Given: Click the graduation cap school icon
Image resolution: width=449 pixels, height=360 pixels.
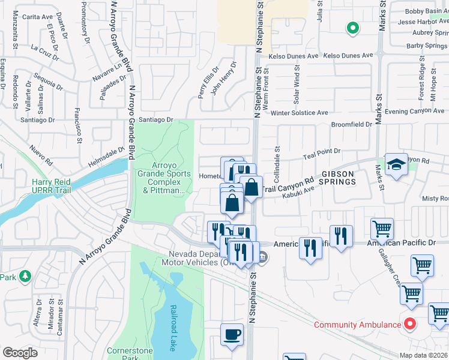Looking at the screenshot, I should pyautogui.click(x=396, y=165).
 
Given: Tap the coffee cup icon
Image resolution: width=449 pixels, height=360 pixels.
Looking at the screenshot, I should pyautogui.click(x=232, y=335).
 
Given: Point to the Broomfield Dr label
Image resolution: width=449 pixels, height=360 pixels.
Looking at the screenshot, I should pyautogui.click(x=352, y=124).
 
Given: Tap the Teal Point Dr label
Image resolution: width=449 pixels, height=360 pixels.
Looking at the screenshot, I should pyautogui.click(x=322, y=152).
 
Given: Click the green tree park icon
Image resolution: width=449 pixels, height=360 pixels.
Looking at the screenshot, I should pyautogui.click(x=25, y=276).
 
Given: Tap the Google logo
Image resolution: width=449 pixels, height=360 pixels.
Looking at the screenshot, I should pyautogui.click(x=19, y=353).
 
